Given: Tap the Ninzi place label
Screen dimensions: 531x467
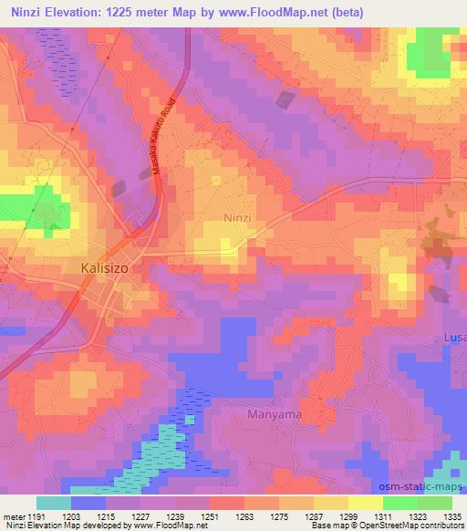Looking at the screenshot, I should [237, 218].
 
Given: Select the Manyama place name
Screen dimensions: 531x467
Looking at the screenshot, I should [274, 414].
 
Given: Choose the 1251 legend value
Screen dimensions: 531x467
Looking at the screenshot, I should [210, 515].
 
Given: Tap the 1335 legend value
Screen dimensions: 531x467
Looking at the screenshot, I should [452, 515].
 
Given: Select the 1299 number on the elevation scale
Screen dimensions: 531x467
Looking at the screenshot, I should [348, 515].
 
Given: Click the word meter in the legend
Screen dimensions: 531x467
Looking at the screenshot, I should [12, 515].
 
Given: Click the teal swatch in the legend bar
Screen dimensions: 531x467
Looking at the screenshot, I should [54, 503].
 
